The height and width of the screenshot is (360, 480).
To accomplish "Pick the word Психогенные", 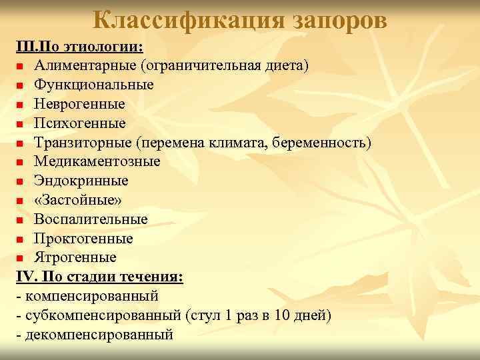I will pos(80,123).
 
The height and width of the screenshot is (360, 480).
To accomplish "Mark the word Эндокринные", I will pos(81,181).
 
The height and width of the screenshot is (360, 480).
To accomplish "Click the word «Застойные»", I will pos(79,200).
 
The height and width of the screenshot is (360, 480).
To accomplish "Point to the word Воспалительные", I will pos(91,219).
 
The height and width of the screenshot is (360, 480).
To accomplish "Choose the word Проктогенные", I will pos(84,238).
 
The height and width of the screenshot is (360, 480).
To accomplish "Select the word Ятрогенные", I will pos(75,257).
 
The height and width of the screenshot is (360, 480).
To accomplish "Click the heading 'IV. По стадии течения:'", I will pos(100,276).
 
